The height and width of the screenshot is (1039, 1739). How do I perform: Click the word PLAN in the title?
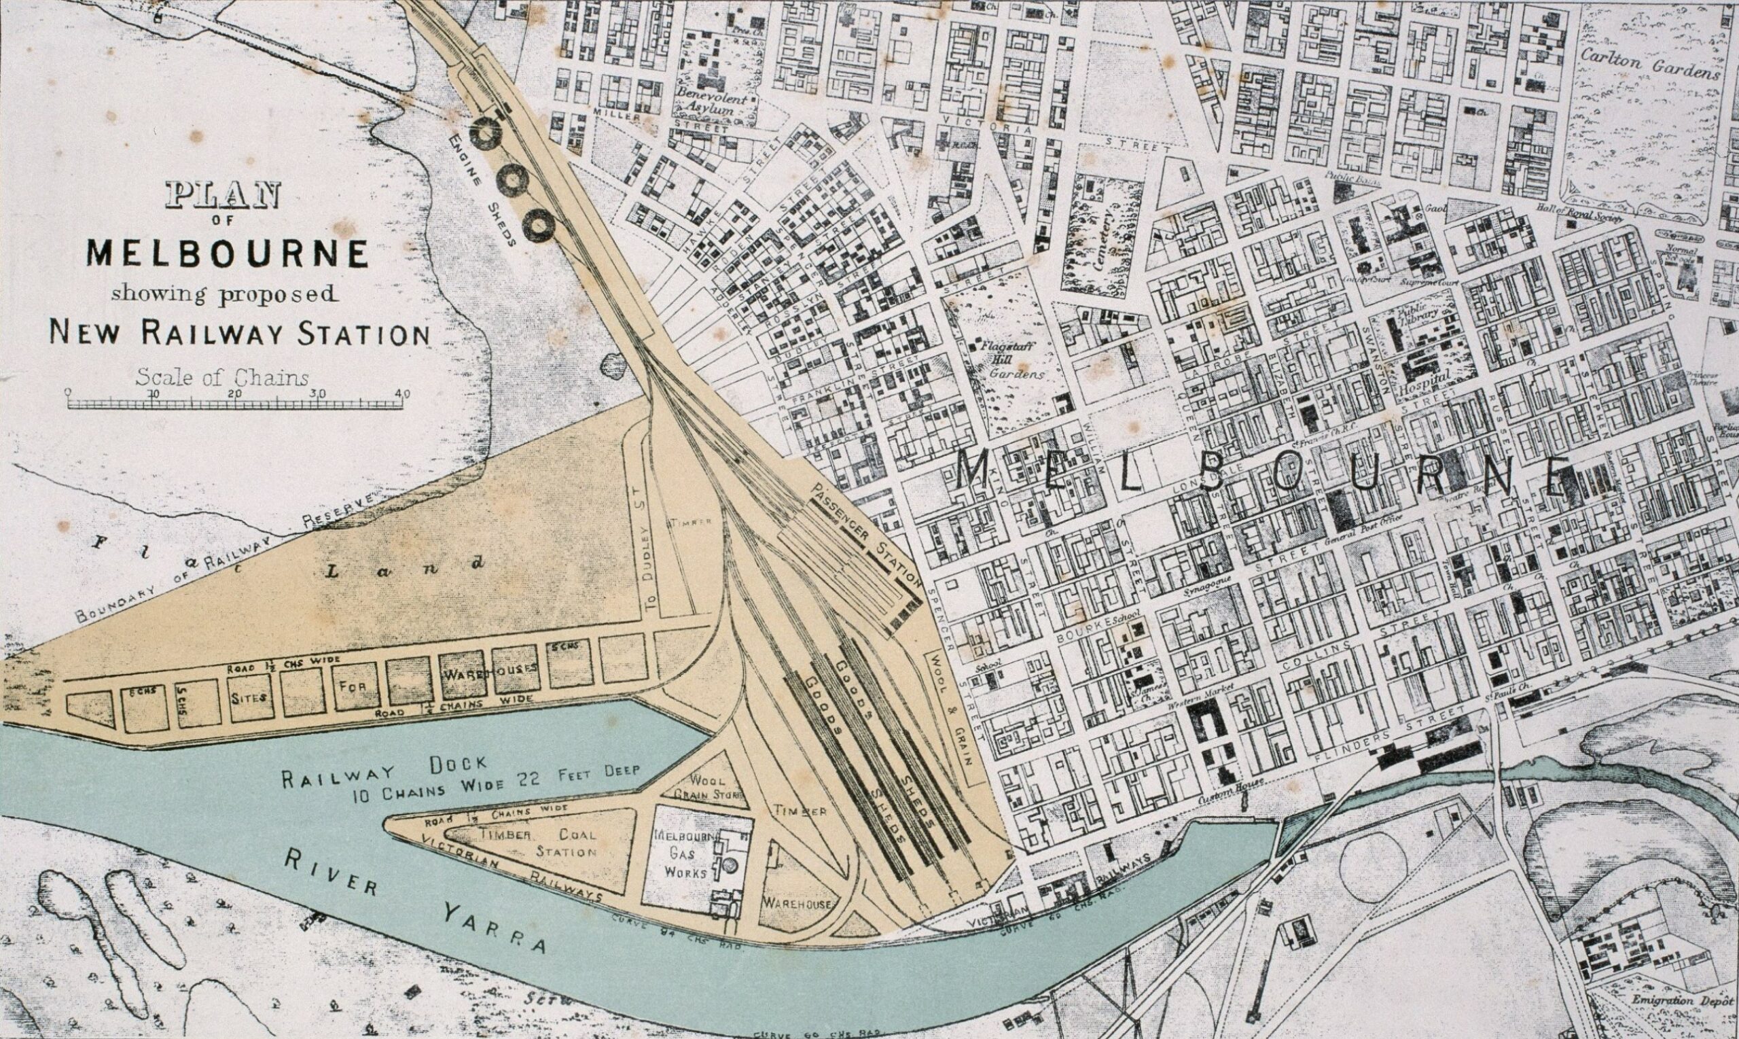coord(223,195)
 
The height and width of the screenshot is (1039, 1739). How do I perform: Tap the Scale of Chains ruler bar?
coord(236,404)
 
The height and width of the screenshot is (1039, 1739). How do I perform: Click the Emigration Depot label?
coord(1683,1000)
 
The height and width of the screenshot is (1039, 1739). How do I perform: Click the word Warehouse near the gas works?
coord(797,903)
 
